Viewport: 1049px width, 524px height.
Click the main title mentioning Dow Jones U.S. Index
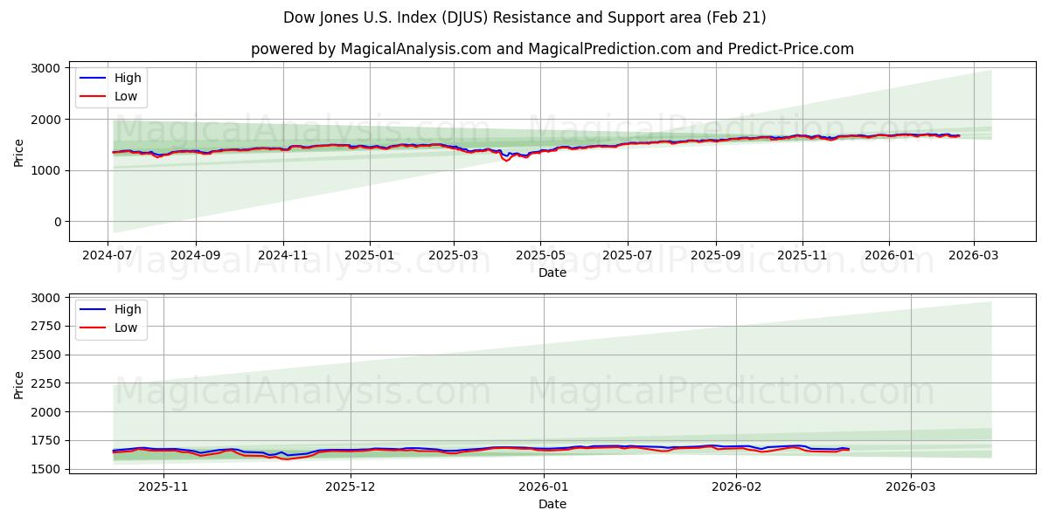click(524, 17)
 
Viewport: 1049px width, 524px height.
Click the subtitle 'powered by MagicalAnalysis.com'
click(552, 49)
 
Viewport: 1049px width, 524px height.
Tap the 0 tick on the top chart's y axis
click(57, 222)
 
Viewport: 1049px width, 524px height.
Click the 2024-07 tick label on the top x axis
click(108, 255)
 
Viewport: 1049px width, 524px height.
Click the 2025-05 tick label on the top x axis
click(540, 255)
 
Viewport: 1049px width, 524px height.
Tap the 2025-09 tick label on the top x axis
click(715, 255)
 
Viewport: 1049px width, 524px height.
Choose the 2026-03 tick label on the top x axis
click(973, 255)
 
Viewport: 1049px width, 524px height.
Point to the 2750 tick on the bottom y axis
click(45, 326)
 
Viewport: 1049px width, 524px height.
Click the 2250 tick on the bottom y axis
click(45, 383)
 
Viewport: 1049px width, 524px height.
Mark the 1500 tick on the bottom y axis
click(45, 469)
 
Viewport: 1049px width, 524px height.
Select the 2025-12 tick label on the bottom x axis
click(351, 486)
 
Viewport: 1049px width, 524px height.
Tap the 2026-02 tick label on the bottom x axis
click(736, 486)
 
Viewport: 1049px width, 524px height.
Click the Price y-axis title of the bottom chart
click(19, 383)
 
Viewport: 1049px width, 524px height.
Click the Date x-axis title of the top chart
click(552, 272)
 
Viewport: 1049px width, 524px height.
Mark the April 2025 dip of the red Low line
click(506, 161)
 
